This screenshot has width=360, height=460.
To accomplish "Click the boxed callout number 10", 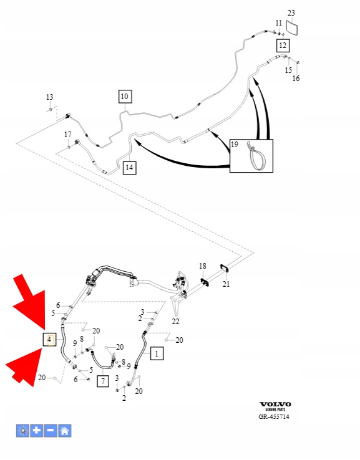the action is point(125,97).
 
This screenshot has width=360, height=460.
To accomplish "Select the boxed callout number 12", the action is point(283,46).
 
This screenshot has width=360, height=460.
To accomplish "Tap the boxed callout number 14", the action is point(130,168).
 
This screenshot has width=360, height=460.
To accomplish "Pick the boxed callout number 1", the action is point(157,353).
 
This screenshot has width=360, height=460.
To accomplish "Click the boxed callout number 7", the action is point(103,381).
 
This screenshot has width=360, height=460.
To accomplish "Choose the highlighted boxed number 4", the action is point(49,340).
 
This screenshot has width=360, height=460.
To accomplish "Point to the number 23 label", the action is point(291,13).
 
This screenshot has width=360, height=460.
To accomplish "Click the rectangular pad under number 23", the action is point(292,27).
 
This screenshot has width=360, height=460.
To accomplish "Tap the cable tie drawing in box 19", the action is point(257,156).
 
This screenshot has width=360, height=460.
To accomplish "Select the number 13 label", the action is point(50,97).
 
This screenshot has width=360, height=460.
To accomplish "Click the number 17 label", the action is point(68,135).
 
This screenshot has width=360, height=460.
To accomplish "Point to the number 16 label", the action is point(296,79).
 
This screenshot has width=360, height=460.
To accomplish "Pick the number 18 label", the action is point(203,266).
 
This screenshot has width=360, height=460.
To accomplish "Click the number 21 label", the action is point(226,284).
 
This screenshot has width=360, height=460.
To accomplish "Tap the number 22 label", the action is point(175,322).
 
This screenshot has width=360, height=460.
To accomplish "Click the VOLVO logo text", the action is point(275,405).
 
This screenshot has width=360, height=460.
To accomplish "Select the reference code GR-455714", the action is point(274,416).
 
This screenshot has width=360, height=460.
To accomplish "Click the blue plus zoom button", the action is point(37,431).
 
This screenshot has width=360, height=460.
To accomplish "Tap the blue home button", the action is point(65,431).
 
